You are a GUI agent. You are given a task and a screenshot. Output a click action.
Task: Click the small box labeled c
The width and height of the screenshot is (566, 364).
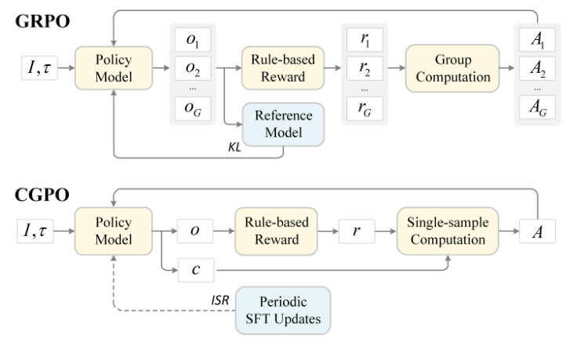[193, 270]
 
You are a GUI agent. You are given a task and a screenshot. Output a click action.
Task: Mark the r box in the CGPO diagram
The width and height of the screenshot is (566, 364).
[354, 231]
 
